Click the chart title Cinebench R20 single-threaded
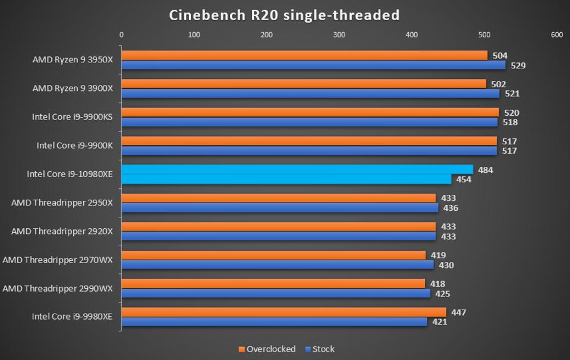285,15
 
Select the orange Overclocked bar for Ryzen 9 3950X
304,55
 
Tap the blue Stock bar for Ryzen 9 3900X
310,93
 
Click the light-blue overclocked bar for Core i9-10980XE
297,170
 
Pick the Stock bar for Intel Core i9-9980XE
274,322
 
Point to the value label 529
518,65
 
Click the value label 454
464,179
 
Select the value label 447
458,312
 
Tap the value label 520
511,113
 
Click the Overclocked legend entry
267,349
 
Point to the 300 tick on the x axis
339,35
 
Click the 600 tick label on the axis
557,35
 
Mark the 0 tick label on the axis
122,35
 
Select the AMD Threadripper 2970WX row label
58,260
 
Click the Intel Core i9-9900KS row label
73,117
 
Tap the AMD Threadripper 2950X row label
62,203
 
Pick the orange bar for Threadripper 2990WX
273,283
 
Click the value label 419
438,255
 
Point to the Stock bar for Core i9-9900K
309,151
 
